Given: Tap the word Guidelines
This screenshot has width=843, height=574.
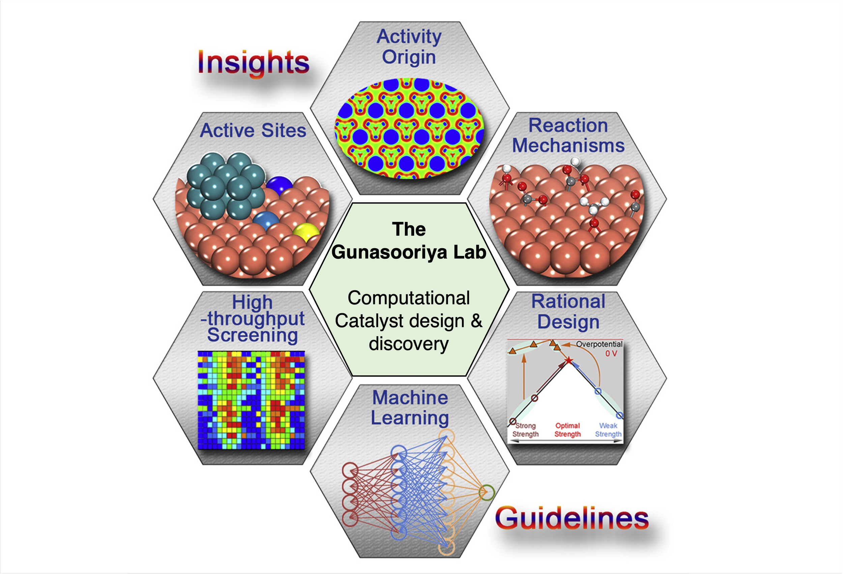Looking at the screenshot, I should [572, 518].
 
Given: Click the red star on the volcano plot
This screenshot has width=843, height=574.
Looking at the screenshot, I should [569, 360].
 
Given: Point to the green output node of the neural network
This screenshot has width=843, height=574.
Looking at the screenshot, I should [487, 492].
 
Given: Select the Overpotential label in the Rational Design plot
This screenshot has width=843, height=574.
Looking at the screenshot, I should [599, 344].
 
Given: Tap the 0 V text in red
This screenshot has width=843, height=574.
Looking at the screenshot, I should [611, 353].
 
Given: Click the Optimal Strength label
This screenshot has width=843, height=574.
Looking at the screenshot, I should [567, 430].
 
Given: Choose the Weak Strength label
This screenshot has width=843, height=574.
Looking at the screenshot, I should [608, 430].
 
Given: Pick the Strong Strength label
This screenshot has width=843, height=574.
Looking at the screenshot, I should [525, 430].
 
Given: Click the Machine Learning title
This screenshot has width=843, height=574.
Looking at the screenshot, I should [410, 408].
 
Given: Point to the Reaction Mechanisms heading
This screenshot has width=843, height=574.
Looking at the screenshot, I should [568, 135].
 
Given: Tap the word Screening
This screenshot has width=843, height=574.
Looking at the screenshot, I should [253, 335].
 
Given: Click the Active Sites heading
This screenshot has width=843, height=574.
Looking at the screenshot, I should [253, 130].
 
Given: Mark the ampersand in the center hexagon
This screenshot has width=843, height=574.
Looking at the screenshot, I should [476, 321].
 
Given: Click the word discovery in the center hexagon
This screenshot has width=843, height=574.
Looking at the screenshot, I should [409, 344].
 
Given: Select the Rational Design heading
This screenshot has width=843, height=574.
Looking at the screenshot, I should [568, 312].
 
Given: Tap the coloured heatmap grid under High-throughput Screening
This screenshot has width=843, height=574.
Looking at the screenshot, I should [251, 400].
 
